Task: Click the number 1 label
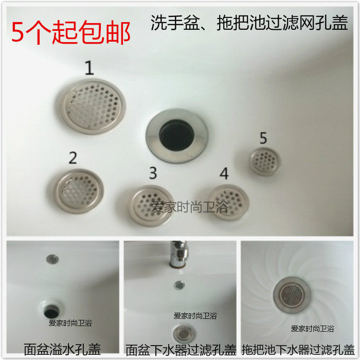pyautogui.click(x=89, y=68)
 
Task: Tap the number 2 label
pyautogui.click(x=73, y=157)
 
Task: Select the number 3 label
pyautogui.click(x=152, y=173)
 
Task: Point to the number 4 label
pyautogui.click(x=224, y=173)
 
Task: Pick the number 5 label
pyautogui.click(x=263, y=138)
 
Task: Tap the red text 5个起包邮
pyautogui.click(x=71, y=32)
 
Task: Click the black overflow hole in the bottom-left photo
pyautogui.click(x=52, y=310)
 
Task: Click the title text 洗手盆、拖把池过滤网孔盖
pyautogui.click(x=249, y=24)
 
